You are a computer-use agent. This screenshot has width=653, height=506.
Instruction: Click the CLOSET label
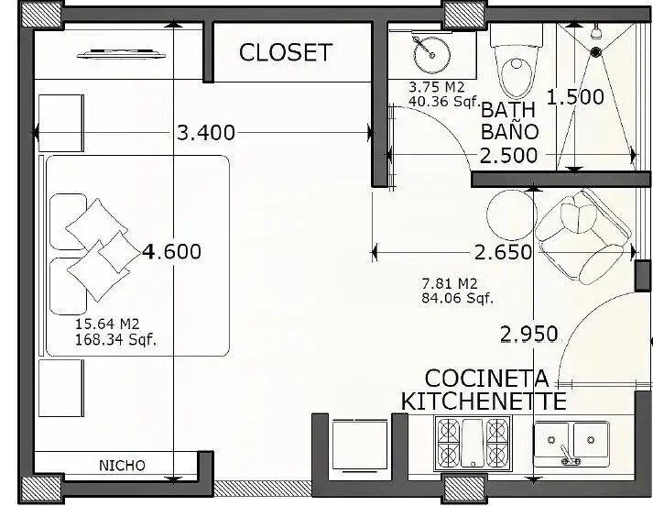point(286,52)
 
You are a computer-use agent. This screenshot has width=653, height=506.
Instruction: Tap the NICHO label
point(122,466)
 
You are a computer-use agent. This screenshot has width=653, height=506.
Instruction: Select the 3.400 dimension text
point(206,133)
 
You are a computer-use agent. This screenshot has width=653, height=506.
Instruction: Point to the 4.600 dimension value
point(171,251)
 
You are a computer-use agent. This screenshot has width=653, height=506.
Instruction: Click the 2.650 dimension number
point(504,252)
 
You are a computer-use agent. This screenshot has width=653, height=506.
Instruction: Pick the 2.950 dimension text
point(528,335)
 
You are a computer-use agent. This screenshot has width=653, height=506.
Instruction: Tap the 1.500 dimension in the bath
point(575,97)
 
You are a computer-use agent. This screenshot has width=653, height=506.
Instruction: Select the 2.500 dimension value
point(508,156)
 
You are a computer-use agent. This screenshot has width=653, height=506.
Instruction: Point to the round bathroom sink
point(432,55)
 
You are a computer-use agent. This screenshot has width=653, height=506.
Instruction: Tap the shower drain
point(596,51)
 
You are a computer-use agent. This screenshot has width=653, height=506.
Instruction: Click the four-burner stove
point(473,443)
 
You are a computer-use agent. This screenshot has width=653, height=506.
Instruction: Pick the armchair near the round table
point(584,236)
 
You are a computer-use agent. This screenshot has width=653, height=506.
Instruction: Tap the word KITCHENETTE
point(484,401)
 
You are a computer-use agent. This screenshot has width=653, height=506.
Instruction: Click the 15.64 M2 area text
point(107,324)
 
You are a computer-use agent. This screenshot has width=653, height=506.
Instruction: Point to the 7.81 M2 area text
point(450,284)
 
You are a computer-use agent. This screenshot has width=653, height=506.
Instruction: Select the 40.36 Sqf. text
point(444,101)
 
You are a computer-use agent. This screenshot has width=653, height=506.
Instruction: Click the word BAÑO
point(510,131)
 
